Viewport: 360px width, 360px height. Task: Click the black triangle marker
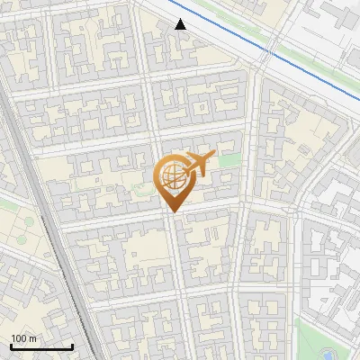[x=181, y=24]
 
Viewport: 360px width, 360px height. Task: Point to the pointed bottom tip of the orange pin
[x=171, y=211]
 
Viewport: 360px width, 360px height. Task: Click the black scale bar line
[x=41, y=346]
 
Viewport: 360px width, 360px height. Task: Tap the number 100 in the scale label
[x=19, y=338]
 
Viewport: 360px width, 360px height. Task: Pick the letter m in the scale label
[x=32, y=338]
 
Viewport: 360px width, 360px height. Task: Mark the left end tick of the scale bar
[x=11, y=345]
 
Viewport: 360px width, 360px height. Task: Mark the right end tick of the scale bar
[x=72, y=345]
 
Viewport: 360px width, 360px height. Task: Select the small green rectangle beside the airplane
[x=231, y=160]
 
